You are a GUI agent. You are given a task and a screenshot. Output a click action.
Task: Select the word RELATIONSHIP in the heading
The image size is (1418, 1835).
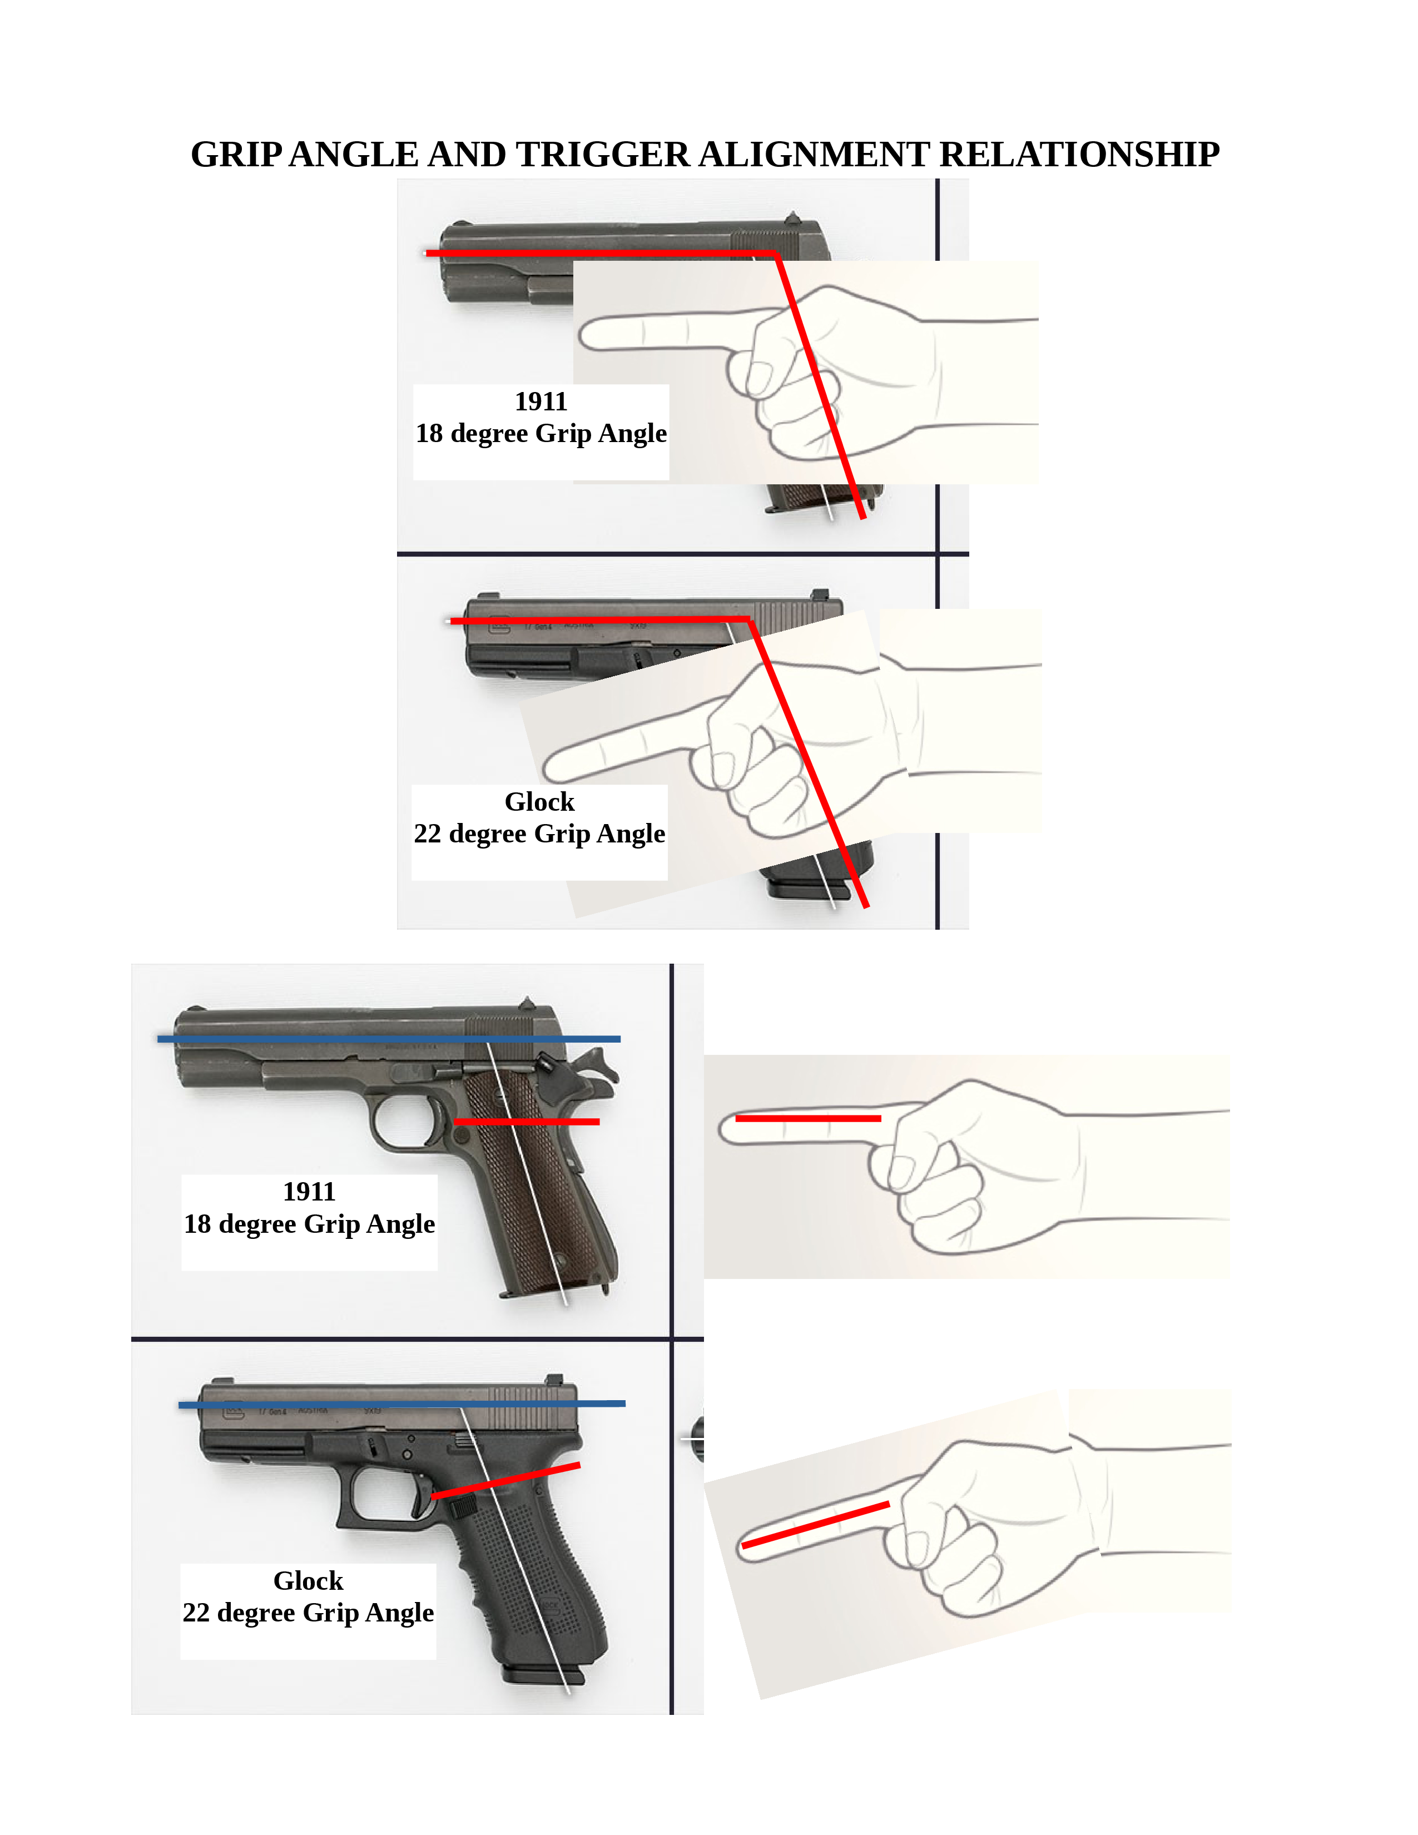click(x=1079, y=155)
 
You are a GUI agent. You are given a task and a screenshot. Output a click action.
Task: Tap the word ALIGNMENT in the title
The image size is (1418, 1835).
click(x=813, y=155)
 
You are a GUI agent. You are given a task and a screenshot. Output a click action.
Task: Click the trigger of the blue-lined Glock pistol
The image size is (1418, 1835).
click(x=419, y=1499)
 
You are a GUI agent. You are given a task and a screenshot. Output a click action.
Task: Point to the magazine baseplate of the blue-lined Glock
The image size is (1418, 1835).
click(x=543, y=1676)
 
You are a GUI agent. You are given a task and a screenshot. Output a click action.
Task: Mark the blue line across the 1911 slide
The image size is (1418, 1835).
click(x=389, y=1039)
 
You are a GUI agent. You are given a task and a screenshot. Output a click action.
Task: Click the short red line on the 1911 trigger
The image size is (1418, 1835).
click(x=527, y=1122)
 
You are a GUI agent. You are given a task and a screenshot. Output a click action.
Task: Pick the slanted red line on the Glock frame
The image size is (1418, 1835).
click(x=505, y=1481)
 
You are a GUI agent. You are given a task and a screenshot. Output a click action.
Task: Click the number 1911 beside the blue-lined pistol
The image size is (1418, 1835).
click(x=309, y=1192)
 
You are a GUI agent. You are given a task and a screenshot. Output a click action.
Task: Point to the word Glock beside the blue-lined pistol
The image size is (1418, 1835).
click(x=308, y=1580)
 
